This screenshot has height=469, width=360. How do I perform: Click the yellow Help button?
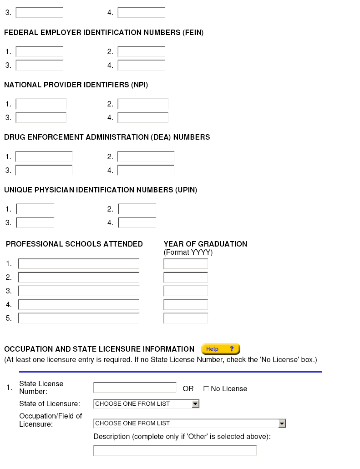[220, 349]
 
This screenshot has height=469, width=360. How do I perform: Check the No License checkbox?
[206, 388]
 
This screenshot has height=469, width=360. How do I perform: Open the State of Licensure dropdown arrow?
[195, 403]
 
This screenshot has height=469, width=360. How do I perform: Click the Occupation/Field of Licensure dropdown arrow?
[282, 423]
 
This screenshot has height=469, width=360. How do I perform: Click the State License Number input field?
[135, 388]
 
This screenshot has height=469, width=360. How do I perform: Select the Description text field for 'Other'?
[175, 450]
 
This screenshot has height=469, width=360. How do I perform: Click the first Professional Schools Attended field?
[78, 264]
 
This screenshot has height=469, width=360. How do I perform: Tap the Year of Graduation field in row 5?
[185, 318]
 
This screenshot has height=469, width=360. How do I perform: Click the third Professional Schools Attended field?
[78, 291]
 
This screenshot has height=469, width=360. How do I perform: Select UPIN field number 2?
[137, 209]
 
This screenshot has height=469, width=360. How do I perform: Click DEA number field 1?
[44, 157]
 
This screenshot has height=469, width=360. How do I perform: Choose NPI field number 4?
[143, 118]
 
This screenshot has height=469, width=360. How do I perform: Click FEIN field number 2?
[141, 51]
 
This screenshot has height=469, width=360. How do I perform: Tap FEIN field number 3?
[39, 65]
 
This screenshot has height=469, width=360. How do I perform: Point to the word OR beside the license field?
[188, 389]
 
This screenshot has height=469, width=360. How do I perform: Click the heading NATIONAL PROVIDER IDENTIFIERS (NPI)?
[76, 85]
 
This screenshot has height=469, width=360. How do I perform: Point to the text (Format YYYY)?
[188, 252]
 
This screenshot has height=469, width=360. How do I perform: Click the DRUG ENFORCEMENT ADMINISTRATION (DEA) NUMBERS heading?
[107, 137]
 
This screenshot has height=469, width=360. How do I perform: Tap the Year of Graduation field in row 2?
[185, 277]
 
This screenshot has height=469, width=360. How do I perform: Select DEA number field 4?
[146, 171]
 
